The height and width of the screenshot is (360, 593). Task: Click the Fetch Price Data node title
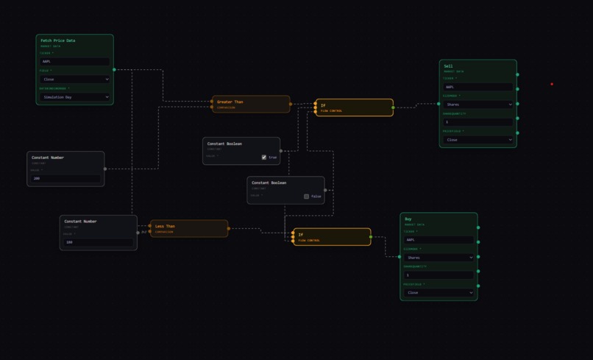point(57,40)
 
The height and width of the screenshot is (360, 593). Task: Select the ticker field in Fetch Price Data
point(74,62)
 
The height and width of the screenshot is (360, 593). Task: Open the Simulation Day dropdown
point(74,96)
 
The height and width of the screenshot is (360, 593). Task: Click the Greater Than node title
point(230,102)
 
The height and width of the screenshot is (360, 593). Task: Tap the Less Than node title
point(165,226)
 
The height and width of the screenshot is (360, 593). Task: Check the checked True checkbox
point(264,157)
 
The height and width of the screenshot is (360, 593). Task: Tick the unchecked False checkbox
point(307,197)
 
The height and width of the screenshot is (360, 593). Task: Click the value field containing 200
point(65,178)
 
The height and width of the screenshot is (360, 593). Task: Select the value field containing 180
point(98,241)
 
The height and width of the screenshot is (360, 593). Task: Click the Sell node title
point(448,66)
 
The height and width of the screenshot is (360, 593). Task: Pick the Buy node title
point(408,219)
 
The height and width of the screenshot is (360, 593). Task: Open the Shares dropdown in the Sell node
point(477,105)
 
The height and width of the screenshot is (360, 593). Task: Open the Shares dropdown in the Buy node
point(438,258)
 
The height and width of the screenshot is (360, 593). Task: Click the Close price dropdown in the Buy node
point(438,292)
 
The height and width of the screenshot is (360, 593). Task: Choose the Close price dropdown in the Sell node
point(477,139)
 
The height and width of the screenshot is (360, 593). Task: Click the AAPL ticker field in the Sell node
point(477,87)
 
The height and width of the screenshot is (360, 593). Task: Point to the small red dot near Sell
point(552,84)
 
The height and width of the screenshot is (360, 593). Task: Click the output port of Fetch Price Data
point(114,70)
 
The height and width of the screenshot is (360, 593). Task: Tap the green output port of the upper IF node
point(393,107)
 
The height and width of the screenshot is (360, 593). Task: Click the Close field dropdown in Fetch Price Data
point(74,79)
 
